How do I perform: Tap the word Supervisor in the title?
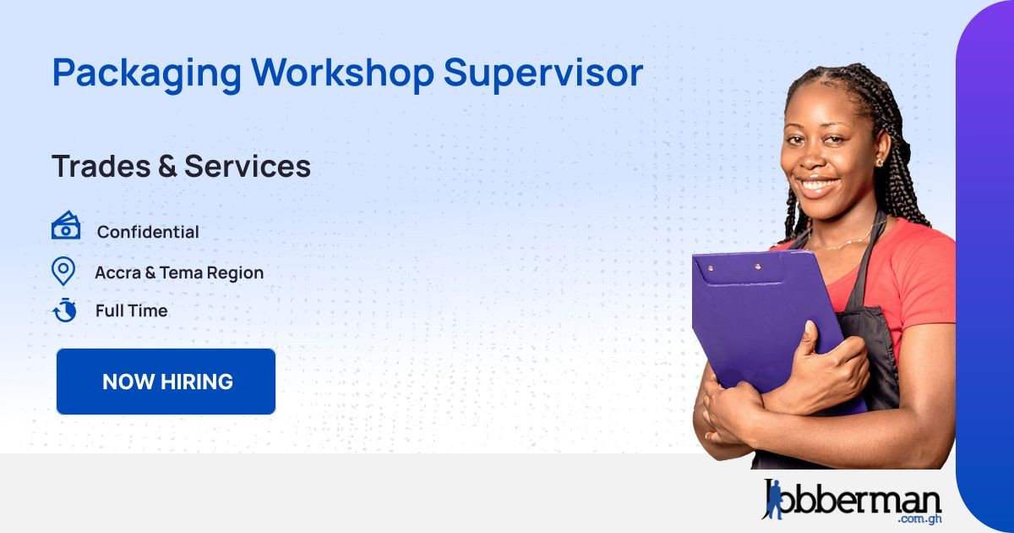543,74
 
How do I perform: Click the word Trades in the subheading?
100,166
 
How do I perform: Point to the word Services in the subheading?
248,166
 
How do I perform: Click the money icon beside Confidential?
66,227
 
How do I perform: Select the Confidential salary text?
148,232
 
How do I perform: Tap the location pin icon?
63,271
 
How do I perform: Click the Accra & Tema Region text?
179,272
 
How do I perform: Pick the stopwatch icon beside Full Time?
64,310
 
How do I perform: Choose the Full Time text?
131,310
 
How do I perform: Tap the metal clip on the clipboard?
733,267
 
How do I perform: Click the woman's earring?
879,162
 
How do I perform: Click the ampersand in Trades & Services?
166,166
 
